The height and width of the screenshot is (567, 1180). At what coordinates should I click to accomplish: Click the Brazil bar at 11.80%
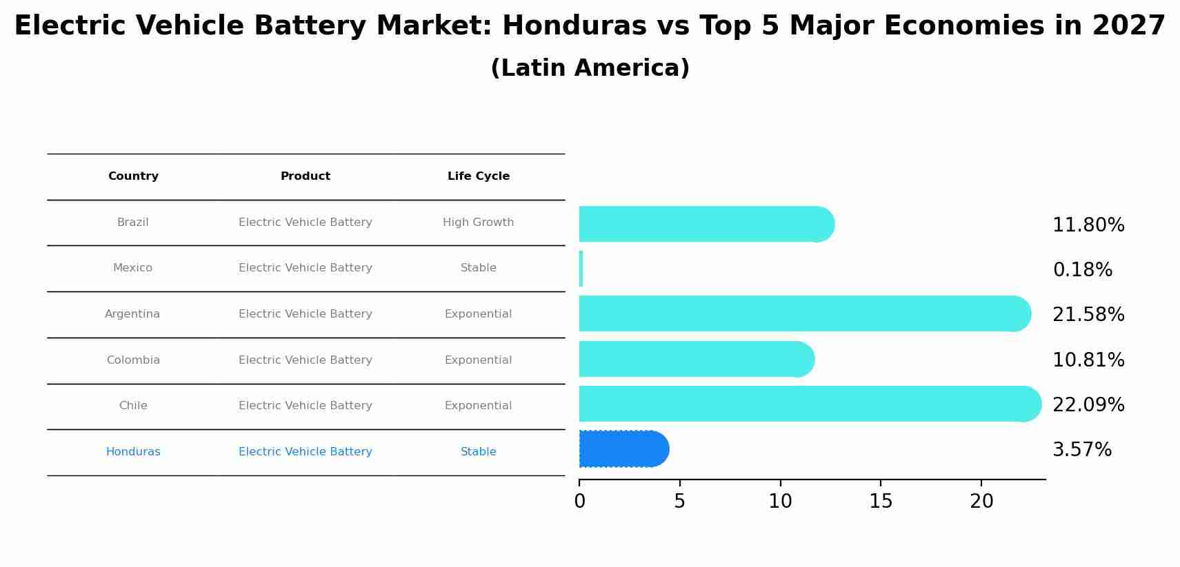(x=703, y=224)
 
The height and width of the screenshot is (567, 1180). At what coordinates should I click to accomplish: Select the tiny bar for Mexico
(x=581, y=269)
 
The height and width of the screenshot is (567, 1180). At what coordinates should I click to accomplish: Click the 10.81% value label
(x=1088, y=360)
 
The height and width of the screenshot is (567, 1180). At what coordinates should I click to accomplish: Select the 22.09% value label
(x=1088, y=405)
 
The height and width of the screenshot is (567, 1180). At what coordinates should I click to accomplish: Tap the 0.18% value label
(x=1082, y=270)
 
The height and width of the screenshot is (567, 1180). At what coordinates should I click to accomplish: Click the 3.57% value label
(x=1081, y=450)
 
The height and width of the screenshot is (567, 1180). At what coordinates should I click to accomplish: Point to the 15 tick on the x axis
(x=881, y=502)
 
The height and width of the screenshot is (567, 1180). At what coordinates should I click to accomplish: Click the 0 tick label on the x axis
(x=579, y=502)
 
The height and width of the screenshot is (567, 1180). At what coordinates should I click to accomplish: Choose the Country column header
(x=133, y=176)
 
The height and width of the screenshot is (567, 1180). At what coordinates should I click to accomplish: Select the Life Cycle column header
(x=478, y=176)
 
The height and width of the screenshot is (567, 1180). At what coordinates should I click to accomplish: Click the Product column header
(x=305, y=176)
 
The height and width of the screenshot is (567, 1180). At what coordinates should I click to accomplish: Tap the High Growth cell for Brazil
(x=478, y=223)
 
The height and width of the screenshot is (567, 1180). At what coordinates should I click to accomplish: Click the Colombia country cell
(x=133, y=360)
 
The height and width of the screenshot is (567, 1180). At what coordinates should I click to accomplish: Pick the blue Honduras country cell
(x=133, y=452)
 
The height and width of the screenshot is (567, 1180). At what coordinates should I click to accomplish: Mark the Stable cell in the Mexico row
(x=478, y=268)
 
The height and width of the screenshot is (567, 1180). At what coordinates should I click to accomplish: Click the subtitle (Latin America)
(x=590, y=68)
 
